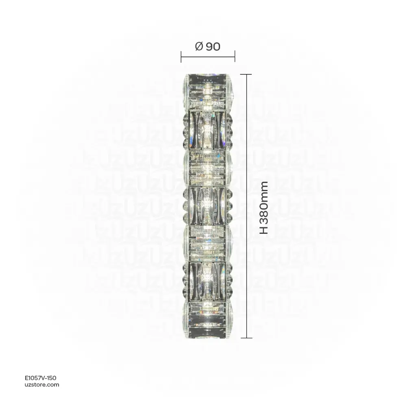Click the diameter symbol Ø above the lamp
(x=199, y=47)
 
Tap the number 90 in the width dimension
(x=213, y=47)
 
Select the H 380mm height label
(x=264, y=207)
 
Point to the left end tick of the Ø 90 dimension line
(x=181, y=57)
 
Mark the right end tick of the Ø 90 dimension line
(x=235, y=57)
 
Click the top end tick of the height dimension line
(x=246, y=74)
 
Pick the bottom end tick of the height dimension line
(x=246, y=338)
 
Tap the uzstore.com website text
(x=42, y=385)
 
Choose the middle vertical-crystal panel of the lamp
(x=208, y=205)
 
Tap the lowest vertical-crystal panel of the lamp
(x=208, y=281)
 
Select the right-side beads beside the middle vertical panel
(x=230, y=205)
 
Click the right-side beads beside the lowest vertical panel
(x=230, y=281)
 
